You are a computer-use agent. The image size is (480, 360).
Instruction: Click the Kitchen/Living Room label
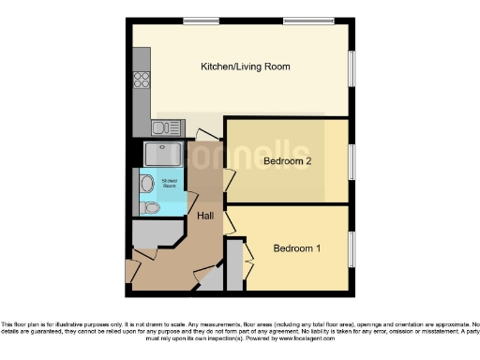pos(245,67)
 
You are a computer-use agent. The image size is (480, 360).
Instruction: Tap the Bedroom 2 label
pos(286,160)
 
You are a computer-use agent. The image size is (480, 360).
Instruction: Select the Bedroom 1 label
pos(297,248)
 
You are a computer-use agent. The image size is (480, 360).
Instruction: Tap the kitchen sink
pos(165,127)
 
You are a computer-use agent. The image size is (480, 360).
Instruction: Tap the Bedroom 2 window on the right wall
pos(352,160)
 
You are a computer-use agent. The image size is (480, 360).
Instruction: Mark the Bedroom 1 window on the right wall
pos(352,248)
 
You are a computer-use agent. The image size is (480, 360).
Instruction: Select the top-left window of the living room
pos(195,21)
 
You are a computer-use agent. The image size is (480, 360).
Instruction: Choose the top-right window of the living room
pos(309,21)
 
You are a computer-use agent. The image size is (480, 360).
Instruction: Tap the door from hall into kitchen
pos(203,137)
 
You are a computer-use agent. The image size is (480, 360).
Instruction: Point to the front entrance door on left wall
pos(130,271)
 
